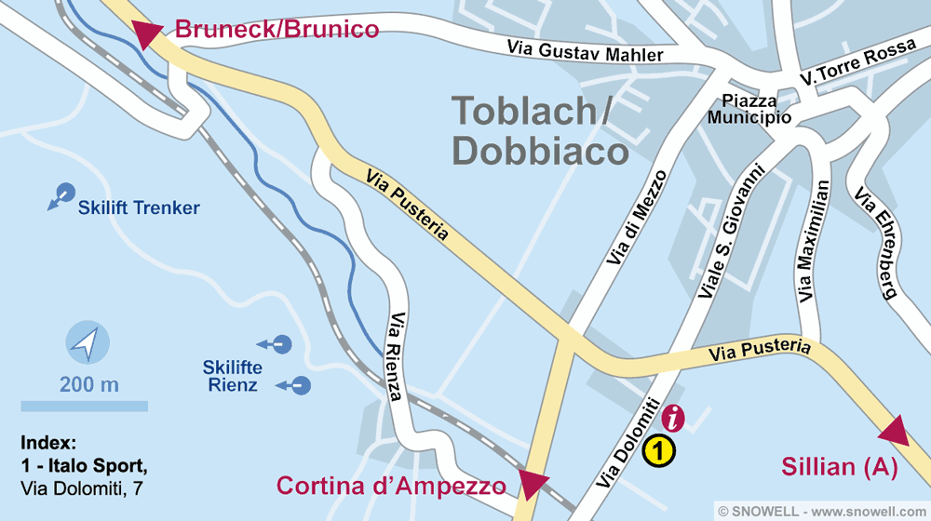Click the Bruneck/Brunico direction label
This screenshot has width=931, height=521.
pyautogui.click(x=277, y=29)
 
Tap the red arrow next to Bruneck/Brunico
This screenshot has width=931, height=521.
pyautogui.click(x=148, y=34)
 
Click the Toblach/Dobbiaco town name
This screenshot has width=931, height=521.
pyautogui.click(x=533, y=130)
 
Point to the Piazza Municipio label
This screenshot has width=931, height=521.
pyautogui.click(x=749, y=109)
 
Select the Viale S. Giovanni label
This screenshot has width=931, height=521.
pyautogui.click(x=731, y=232)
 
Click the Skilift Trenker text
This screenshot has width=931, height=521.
pyautogui.click(x=139, y=208)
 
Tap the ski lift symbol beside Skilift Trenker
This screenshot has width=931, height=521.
pyautogui.click(x=61, y=195)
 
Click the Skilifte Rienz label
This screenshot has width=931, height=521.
pyautogui.click(x=233, y=376)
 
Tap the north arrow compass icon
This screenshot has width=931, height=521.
pyautogui.click(x=87, y=343)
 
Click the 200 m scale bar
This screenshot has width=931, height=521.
pyautogui.click(x=85, y=406)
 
